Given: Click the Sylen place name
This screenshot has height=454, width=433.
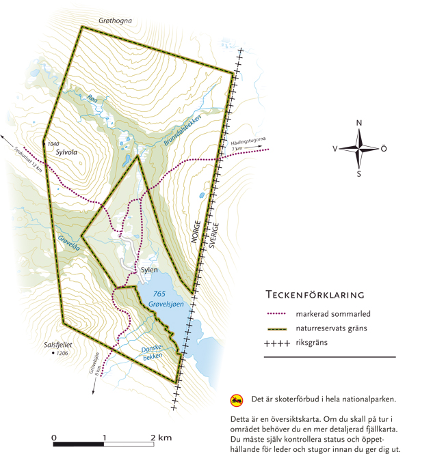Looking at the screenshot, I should tap(149, 270).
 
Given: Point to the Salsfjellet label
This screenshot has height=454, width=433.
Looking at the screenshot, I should tap(57, 345).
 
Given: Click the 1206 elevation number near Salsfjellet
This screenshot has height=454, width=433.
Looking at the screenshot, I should tap(63, 354).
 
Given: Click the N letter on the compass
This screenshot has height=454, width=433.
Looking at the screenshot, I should tap(359, 123).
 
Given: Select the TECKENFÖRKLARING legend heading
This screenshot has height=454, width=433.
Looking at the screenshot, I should tap(314, 295).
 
